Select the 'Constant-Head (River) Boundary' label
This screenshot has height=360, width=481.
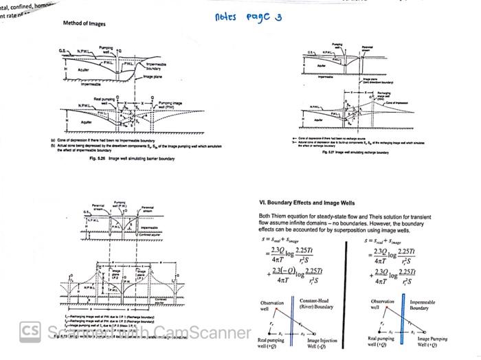[315, 304]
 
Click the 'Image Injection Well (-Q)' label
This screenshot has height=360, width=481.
[322, 343]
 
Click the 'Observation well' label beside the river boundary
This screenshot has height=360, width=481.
[271, 306]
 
